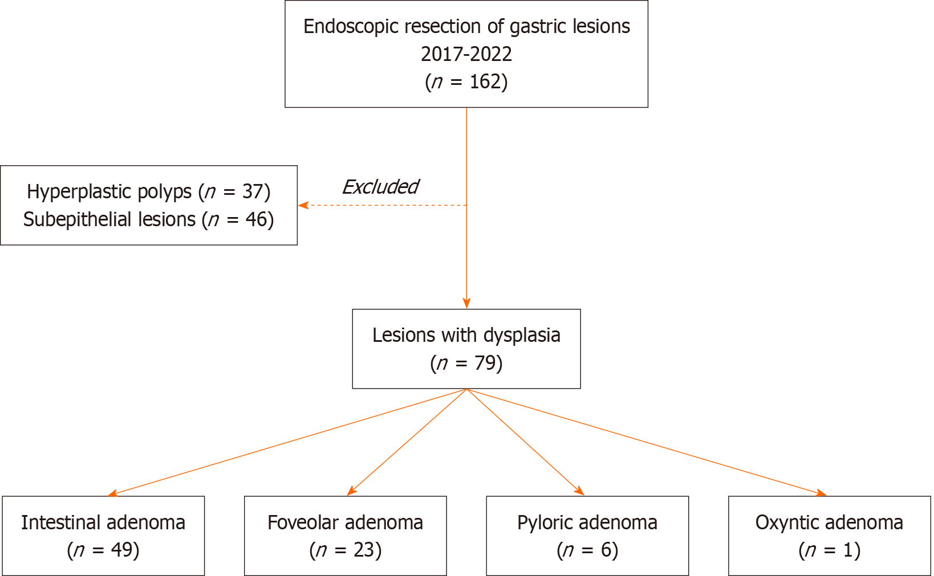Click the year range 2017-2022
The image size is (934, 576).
click(466, 54)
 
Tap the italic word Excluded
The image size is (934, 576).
click(380, 187)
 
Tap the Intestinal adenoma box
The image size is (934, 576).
click(103, 536)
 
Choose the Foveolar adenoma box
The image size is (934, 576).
click(345, 536)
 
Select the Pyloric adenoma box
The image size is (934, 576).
click(587, 536)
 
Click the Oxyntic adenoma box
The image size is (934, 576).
click(829, 536)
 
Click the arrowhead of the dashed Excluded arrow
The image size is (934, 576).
click(303, 206)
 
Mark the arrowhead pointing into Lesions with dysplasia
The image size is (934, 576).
click(466, 304)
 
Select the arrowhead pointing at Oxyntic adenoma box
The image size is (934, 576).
click(822, 493)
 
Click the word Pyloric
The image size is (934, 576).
click(545, 523)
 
